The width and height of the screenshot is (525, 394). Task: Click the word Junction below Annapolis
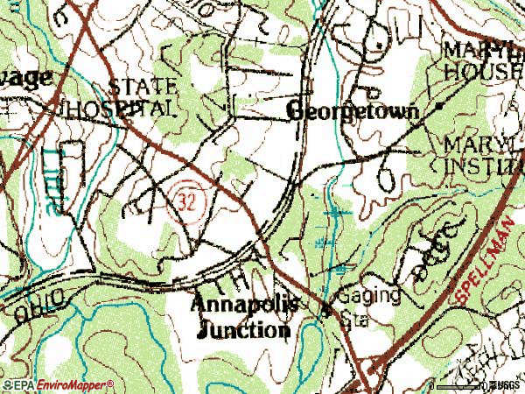pyautogui.click(x=244, y=330)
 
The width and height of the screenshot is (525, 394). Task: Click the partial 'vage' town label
pyautogui.click(x=26, y=77)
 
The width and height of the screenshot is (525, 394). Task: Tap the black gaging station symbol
pyautogui.click(x=326, y=309)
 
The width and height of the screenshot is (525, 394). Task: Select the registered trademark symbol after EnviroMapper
pyautogui.click(x=110, y=383)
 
